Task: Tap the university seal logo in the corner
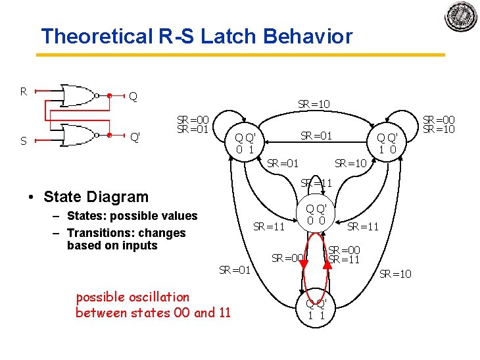[x=461, y=17]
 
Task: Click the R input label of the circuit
[x=23, y=91]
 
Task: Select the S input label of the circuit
[x=23, y=140]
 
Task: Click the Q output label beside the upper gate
[x=133, y=97]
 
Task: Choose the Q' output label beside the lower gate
[x=135, y=138]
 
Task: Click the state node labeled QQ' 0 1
[x=245, y=143]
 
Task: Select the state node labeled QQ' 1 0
[x=386, y=143]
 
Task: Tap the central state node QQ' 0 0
[x=316, y=215]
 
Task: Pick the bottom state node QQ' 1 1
[x=316, y=309]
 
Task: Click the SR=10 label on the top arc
[x=314, y=104]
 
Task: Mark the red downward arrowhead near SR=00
[x=304, y=265]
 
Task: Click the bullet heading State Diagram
[x=96, y=196]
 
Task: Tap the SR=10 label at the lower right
[x=395, y=274]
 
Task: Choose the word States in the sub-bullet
[x=85, y=216]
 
